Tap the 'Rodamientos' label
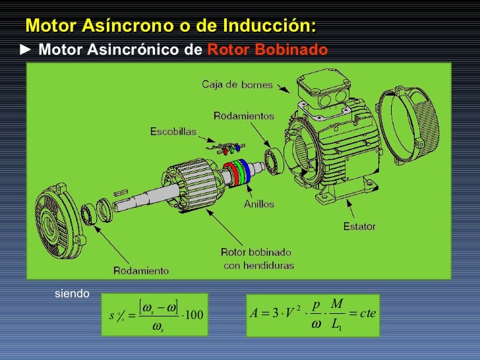coord(243,116)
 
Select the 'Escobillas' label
coord(173,131)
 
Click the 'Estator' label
coord(359,227)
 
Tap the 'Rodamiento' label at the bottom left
coord(140,270)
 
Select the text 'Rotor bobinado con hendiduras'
coord(258,258)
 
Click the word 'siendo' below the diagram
coord(72,293)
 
